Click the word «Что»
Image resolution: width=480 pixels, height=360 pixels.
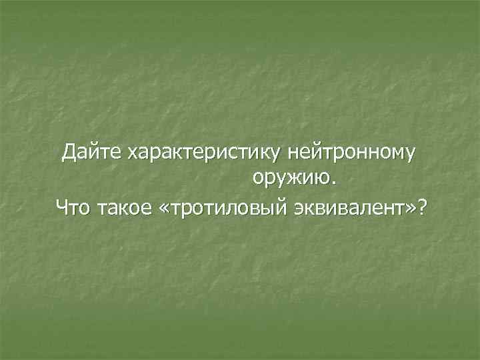point(73,209)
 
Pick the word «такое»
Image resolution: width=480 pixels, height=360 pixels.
point(124,209)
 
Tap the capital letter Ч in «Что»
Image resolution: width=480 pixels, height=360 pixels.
point(62,209)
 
